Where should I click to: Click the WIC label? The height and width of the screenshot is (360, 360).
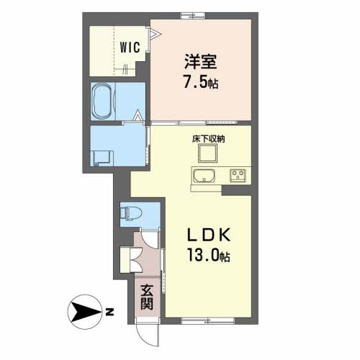point(130,48)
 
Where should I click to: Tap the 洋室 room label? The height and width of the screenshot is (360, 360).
point(201,62)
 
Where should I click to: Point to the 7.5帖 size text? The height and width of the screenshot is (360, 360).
point(201,81)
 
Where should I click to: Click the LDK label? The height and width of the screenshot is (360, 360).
point(209,235)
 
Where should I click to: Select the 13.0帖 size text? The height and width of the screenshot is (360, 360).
point(209,255)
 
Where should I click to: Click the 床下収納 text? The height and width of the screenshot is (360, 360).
point(208,139)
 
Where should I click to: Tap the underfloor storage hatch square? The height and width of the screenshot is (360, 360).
point(208,153)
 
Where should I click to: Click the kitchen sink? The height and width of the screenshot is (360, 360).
point(204,176)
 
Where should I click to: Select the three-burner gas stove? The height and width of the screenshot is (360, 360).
point(238,176)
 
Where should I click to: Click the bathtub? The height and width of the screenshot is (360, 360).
point(102,102)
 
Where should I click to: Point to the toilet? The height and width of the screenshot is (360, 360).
point(131,213)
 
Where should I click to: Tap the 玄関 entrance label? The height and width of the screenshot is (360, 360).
point(147,297)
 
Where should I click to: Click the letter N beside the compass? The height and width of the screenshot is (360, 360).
point(109,312)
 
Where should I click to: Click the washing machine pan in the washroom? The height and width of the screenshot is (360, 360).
point(102,158)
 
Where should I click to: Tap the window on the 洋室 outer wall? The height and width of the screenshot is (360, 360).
point(193,16)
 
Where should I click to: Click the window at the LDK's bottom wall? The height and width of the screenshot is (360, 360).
point(208,321)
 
